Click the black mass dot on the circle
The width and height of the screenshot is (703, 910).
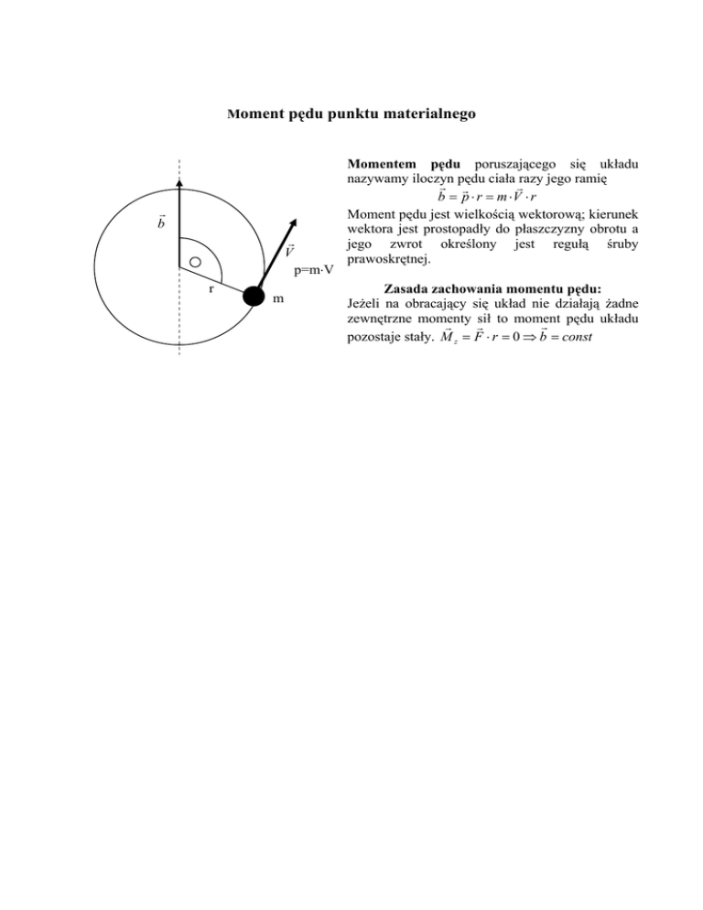(x=255, y=298)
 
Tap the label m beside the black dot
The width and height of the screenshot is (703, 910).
(x=277, y=299)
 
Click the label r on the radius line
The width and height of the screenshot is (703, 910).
(x=210, y=287)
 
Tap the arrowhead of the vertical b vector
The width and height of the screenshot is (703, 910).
(x=179, y=183)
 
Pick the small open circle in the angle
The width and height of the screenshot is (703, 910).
(x=194, y=262)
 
